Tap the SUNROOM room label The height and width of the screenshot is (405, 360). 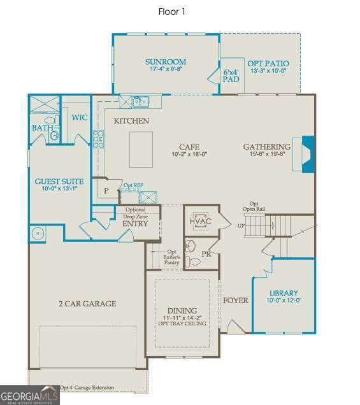tap(164, 62)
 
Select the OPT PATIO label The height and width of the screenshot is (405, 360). tap(269, 64)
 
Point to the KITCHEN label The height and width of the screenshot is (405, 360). tap(131, 120)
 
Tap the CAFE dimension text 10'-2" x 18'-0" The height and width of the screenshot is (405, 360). tap(189, 154)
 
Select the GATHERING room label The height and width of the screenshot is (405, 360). tap(266, 147)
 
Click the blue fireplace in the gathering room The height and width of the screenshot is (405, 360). tap(307, 155)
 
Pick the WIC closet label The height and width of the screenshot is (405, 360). tap(80, 117)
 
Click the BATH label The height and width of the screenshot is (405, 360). tap(42, 128)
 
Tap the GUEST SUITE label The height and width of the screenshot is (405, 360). tap(59, 181)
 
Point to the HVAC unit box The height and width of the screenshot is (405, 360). tap(199, 220)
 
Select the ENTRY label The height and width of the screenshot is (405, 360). tap(134, 224)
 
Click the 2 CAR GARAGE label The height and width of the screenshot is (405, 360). tap(87, 304)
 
